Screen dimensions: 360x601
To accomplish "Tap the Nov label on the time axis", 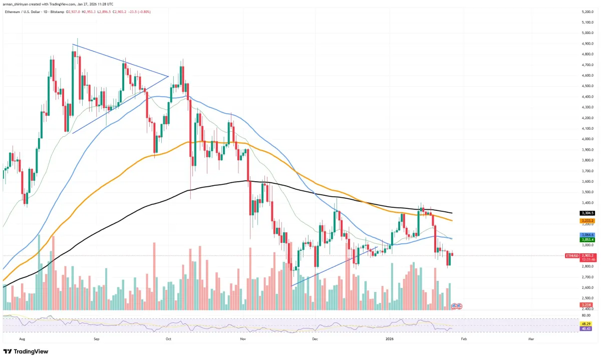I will point(242,339).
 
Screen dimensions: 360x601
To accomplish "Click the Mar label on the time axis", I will point(531,339).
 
